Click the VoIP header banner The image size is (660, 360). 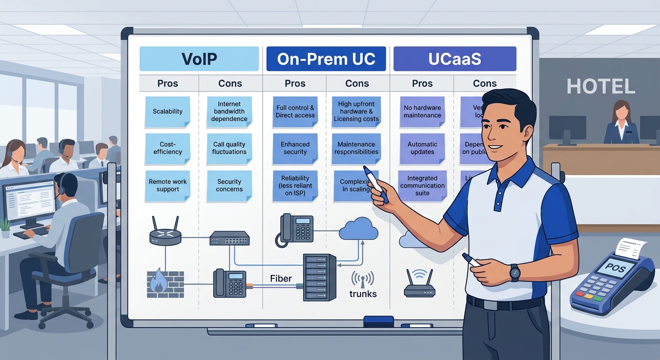pyautogui.click(x=199, y=59)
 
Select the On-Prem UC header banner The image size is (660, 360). pyautogui.click(x=326, y=59)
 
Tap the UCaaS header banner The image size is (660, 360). pyautogui.click(x=455, y=59)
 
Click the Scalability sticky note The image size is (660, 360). pyautogui.click(x=167, y=112)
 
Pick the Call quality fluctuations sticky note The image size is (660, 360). pyautogui.click(x=229, y=149)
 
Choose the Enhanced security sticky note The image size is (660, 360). pyautogui.click(x=295, y=149)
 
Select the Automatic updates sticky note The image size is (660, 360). pyautogui.click(x=422, y=149)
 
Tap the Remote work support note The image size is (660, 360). pyautogui.click(x=167, y=186)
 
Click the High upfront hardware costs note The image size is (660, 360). pyautogui.click(x=356, y=112)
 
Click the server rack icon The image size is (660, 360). pyautogui.click(x=320, y=277)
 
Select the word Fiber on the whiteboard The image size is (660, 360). pyautogui.click(x=281, y=278)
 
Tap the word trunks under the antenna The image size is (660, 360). pyautogui.click(x=363, y=294)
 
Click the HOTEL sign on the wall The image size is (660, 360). pyautogui.click(x=600, y=87)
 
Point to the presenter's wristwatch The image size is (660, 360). pyautogui.click(x=515, y=272)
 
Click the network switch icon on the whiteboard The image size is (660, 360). pyautogui.click(x=229, y=238)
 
